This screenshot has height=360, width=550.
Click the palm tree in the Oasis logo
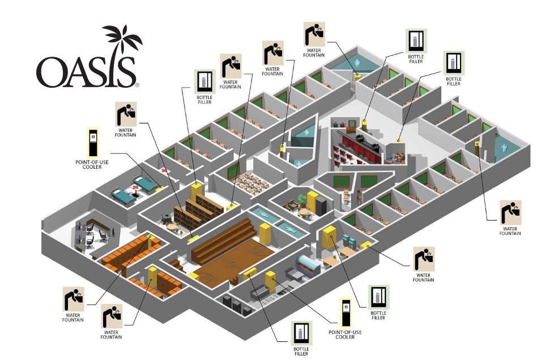point(121,40)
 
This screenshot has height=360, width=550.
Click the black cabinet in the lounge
point(321,204)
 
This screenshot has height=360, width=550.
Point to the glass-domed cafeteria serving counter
point(308,265)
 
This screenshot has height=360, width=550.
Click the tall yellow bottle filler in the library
point(197,192)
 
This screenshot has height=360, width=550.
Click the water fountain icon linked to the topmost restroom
point(313,35)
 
